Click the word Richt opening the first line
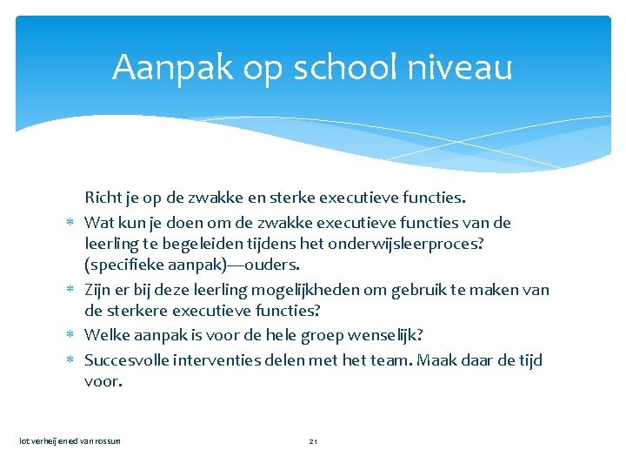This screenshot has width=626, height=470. click(103, 199)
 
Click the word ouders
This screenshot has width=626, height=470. click(273, 265)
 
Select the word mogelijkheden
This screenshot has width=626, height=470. click(345, 290)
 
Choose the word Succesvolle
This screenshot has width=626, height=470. click(125, 360)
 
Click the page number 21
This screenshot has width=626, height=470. click(314, 441)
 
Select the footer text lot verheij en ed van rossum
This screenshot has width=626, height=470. click(70, 441)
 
